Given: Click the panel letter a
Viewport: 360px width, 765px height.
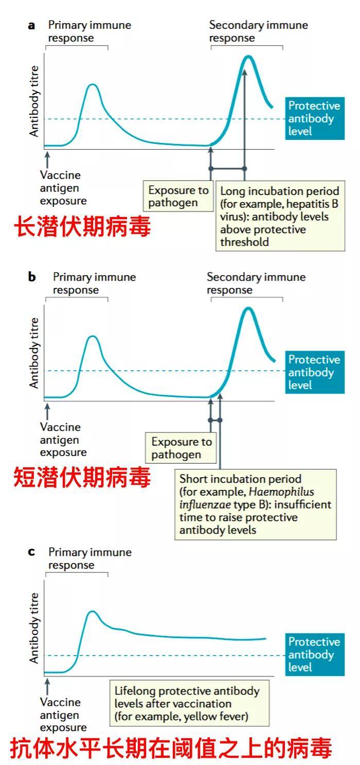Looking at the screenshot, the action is coord(31,26).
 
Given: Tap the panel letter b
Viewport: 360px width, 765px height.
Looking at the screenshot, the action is coord(32,277).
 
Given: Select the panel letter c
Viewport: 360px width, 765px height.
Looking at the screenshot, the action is coord(31,552).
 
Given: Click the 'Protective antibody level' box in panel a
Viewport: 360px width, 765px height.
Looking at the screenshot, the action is coord(315,118).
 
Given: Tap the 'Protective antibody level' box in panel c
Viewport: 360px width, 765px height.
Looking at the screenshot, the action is coord(315,654).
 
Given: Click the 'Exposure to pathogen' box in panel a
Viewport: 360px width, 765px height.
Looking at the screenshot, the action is coord(178,196).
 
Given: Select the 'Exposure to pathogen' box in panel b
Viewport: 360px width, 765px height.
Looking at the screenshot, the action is coord(181,448).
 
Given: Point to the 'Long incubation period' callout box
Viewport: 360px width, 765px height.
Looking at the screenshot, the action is coord(280,216).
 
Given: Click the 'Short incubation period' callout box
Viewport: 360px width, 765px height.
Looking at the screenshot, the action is coord(256,504).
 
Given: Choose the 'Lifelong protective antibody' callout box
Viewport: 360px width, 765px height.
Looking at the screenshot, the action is coord(189,703).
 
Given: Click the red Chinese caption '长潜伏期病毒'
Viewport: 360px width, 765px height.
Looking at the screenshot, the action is coord(82,226).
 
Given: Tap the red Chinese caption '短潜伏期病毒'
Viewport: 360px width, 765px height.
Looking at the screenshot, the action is coord(82,477).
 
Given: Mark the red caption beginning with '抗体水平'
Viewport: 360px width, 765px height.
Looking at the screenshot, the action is coord(171,748).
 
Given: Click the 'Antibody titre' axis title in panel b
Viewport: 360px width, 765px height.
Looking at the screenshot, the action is coord(34,353).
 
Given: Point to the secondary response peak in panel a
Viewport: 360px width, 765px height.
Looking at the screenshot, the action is coord(248,57).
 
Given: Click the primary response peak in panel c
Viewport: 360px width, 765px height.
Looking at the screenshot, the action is coord(92,611).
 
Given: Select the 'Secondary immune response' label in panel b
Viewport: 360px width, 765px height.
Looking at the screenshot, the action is coord(256,283).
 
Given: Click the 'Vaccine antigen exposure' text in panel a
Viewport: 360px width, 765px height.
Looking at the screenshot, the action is coord(63,188).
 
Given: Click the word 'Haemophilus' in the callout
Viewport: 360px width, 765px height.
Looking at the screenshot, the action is coord(281,492).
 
